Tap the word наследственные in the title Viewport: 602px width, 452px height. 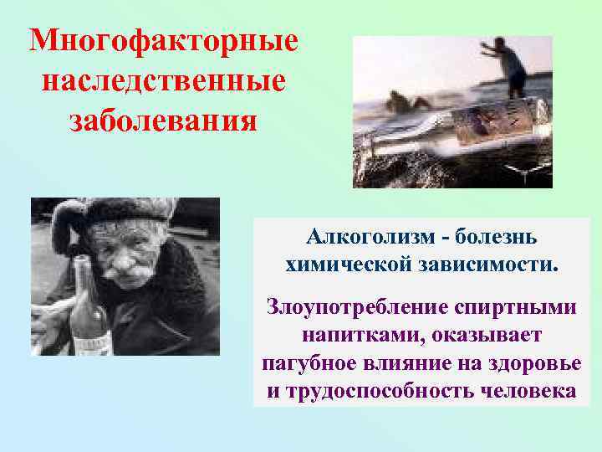click(x=163, y=82)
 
